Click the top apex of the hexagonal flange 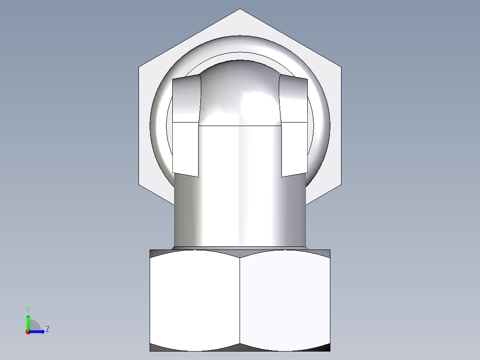tap(240, 9)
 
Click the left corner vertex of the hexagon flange tap(139, 68)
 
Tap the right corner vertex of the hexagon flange tap(341, 68)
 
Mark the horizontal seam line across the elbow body tap(240, 126)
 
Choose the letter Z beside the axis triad tap(47, 329)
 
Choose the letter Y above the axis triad tap(28, 309)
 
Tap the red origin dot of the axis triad tap(28, 332)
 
